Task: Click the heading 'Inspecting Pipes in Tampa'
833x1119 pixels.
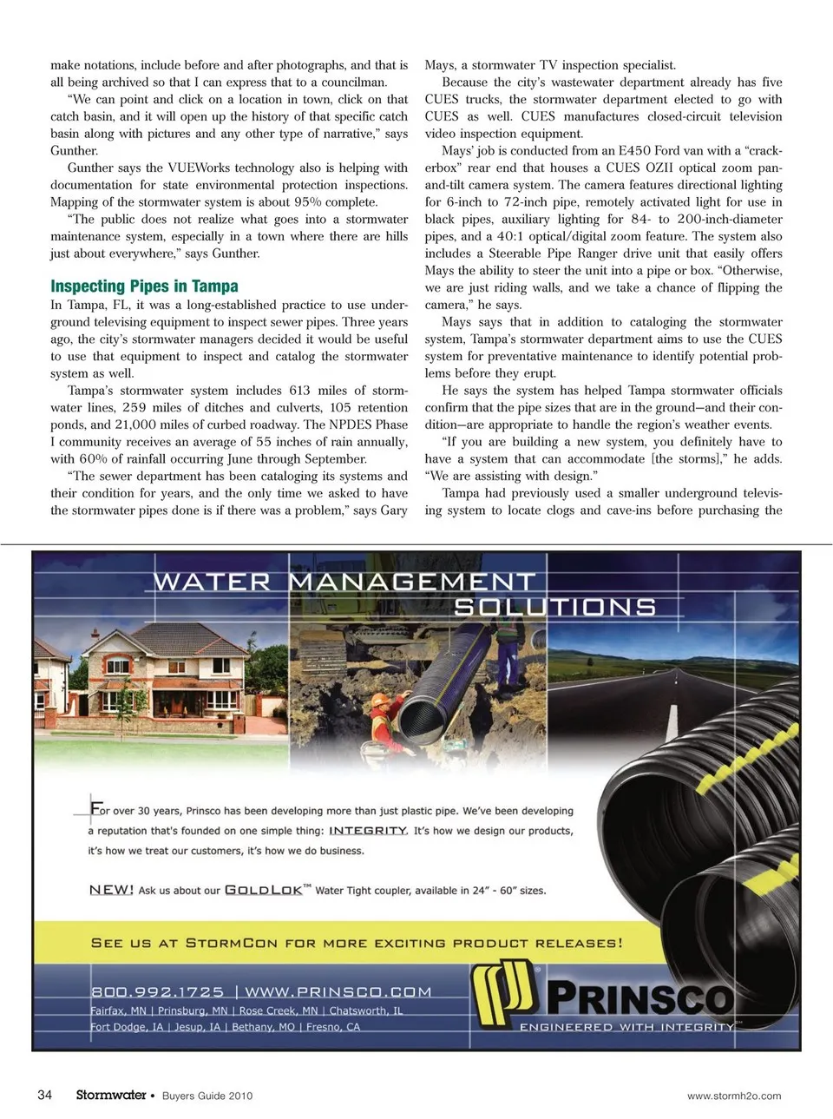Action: [x=144, y=286]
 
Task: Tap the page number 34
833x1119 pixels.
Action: [x=45, y=1095]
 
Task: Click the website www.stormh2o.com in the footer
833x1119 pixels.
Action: [x=733, y=1096]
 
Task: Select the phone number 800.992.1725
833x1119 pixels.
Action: [x=157, y=991]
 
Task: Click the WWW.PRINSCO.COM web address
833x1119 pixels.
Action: [x=338, y=991]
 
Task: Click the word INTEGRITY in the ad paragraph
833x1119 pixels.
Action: [x=368, y=831]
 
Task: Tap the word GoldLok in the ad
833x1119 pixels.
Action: [x=264, y=890]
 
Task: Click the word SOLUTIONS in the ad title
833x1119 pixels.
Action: [x=555, y=607]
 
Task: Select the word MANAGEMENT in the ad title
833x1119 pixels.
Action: [x=412, y=582]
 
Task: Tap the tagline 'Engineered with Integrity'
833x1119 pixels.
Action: [x=626, y=1027]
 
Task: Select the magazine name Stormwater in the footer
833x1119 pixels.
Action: [x=111, y=1095]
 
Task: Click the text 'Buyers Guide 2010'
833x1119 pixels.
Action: [x=207, y=1096]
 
